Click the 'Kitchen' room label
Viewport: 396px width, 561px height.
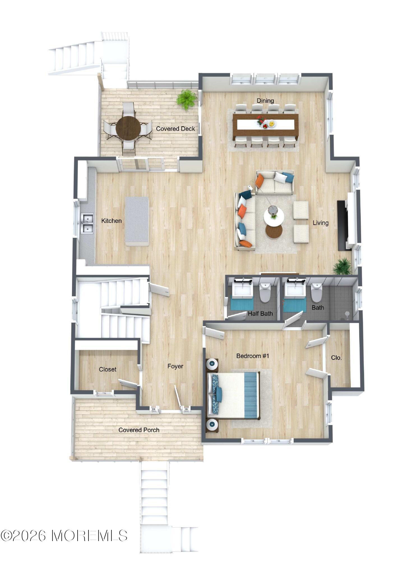click(111, 221)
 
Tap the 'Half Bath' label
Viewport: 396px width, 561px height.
click(260, 313)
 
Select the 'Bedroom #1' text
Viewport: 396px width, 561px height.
click(253, 356)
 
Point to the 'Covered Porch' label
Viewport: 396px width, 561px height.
click(139, 430)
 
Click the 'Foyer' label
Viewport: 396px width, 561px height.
click(175, 366)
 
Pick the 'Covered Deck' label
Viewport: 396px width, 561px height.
click(175, 129)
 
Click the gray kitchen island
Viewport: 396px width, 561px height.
click(137, 221)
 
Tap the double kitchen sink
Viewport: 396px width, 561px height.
click(87, 223)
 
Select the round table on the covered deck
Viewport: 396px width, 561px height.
click(128, 128)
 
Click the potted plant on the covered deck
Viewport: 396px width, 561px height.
click(187, 99)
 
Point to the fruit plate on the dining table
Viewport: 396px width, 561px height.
click(271, 123)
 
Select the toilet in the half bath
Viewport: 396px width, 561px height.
click(265, 292)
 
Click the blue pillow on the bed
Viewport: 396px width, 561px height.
click(219, 394)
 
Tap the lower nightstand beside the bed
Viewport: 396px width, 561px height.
click(212, 425)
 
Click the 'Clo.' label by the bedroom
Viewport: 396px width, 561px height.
click(336, 358)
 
